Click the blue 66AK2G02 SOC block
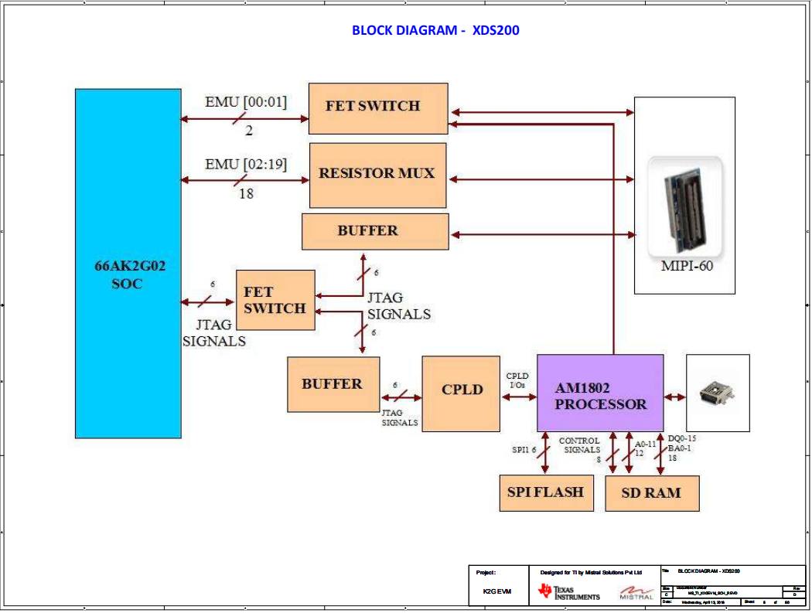click(128, 263)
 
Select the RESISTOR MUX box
click(377, 175)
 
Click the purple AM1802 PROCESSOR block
click(600, 393)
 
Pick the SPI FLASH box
click(545, 492)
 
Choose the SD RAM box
click(651, 492)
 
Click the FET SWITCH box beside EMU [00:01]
click(377, 107)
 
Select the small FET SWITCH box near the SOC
click(275, 300)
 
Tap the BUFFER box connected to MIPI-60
click(374, 231)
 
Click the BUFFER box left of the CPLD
click(333, 383)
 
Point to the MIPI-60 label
click(687, 267)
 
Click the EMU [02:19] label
click(245, 164)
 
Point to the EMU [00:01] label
click(245, 101)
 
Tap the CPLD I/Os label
click(517, 380)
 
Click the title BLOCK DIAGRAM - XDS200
click(435, 31)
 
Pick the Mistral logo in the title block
click(636, 593)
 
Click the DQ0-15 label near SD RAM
click(681, 438)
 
